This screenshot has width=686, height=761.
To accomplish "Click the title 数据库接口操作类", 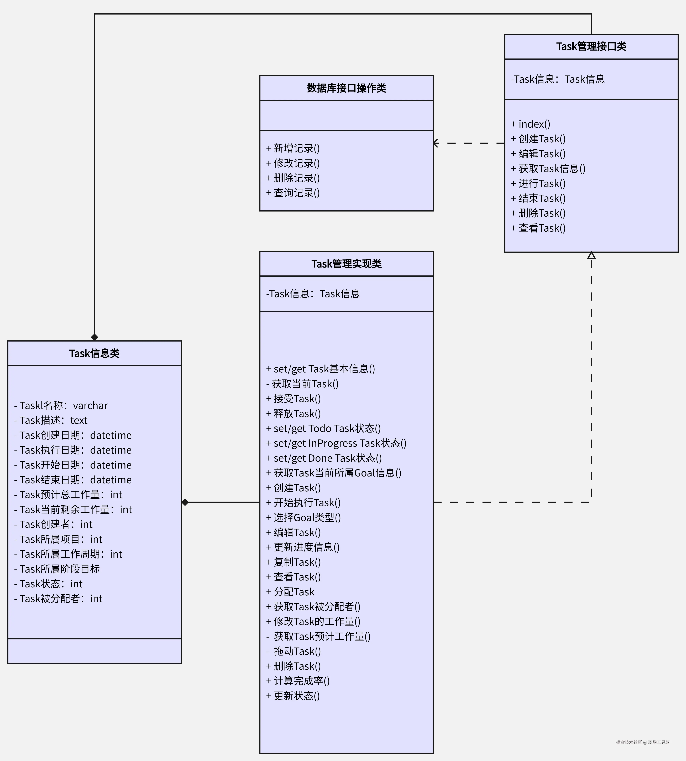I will pyautogui.click(x=346, y=88).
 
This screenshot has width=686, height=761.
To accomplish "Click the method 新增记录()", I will pyautogui.click(x=293, y=148).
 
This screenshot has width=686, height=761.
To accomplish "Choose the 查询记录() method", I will pyautogui.click(x=293, y=193).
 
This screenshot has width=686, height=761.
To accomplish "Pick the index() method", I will pyautogui.click(x=531, y=124).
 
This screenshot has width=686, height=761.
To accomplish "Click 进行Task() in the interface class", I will pyautogui.click(x=538, y=183).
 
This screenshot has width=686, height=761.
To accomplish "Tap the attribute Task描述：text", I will pyautogui.click(x=51, y=420).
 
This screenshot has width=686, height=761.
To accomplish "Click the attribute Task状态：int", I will pyautogui.click(x=48, y=584).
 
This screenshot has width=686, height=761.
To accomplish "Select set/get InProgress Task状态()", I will pyautogui.click(x=336, y=443).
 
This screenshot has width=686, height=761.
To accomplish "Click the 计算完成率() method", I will pyautogui.click(x=298, y=681).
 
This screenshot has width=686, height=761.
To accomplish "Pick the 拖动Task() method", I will pyautogui.click(x=294, y=651).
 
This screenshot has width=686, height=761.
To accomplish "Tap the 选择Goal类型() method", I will pyautogui.click(x=303, y=517).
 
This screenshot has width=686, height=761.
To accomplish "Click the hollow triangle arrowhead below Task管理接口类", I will pyautogui.click(x=591, y=256).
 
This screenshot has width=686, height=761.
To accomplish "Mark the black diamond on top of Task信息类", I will pyautogui.click(x=94, y=337).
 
